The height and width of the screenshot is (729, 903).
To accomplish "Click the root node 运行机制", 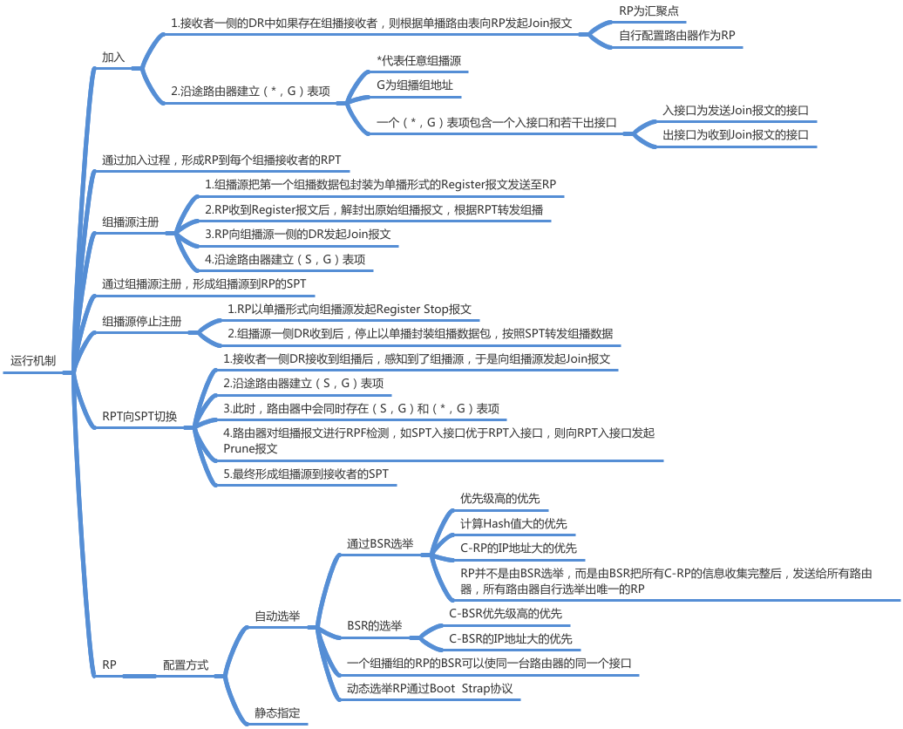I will point(33,360).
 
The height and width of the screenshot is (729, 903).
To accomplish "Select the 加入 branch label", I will point(113,58).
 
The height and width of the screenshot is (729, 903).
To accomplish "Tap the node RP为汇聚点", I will point(648,11).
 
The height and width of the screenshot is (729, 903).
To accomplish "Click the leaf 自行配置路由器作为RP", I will point(676,36).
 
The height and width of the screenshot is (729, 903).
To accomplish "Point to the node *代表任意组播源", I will point(418,61).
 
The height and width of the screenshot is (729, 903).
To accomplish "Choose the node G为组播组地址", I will point(415,85).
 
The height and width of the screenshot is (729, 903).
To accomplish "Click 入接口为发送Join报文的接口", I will point(736,111).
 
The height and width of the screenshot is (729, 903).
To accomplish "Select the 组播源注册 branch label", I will point(131,222).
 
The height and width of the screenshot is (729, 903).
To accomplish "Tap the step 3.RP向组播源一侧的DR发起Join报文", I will point(297,235).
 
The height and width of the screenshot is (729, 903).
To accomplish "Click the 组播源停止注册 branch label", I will point(142,322).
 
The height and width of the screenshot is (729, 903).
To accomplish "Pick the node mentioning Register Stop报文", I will point(350,310).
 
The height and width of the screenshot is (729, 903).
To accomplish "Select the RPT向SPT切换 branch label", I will point(139,417).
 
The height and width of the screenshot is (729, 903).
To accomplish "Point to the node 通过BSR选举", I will point(380,544).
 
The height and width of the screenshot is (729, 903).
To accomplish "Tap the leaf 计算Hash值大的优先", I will point(513,523).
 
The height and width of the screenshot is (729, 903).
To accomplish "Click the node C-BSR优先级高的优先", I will point(506,614).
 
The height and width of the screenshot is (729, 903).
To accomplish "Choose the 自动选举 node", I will point(277,617).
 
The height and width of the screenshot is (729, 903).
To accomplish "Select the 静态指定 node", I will point(277,713).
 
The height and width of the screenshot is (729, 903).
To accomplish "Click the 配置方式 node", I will point(186,664).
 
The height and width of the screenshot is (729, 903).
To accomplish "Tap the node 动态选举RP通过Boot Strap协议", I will point(430,689).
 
